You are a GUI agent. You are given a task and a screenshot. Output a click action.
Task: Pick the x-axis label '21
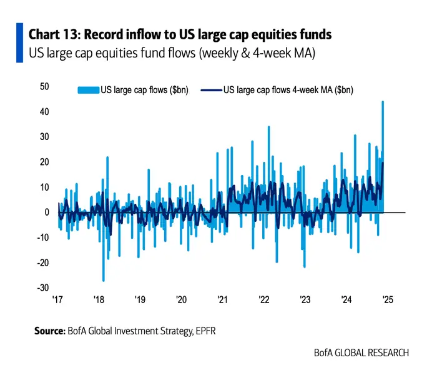[x=222, y=300]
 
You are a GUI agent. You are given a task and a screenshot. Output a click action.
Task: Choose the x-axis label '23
[x=305, y=300]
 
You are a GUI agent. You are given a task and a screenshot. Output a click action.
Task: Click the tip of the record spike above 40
[x=382, y=102]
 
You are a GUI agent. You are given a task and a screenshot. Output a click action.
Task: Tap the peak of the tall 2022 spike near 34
[x=268, y=127]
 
